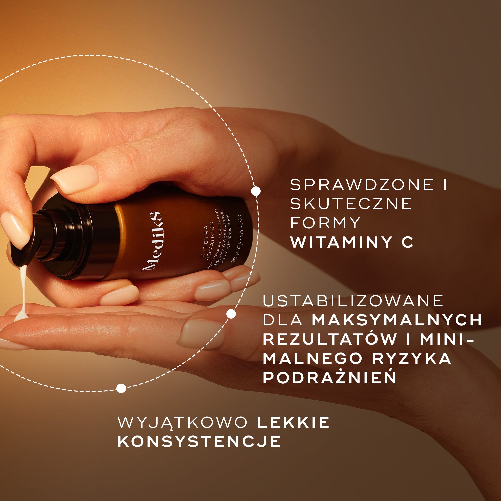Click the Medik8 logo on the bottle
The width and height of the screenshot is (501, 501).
pyautogui.click(x=152, y=241)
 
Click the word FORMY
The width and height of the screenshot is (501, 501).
pyautogui.click(x=325, y=223)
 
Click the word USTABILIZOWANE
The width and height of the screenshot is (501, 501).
pyautogui.click(x=353, y=301)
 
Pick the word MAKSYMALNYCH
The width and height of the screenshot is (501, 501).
pyautogui.click(x=397, y=320)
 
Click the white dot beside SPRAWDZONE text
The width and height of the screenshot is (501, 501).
pyautogui.click(x=256, y=191)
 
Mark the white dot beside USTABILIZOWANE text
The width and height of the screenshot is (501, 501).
pyautogui.click(x=231, y=314)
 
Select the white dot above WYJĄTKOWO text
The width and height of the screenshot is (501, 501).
pyautogui.click(x=121, y=388)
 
